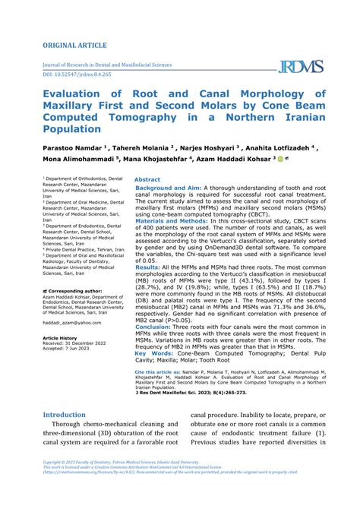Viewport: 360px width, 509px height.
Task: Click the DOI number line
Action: (x=78, y=75)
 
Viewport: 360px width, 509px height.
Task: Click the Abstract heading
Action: (x=147, y=180)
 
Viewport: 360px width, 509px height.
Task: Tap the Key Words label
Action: (x=154, y=353)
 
